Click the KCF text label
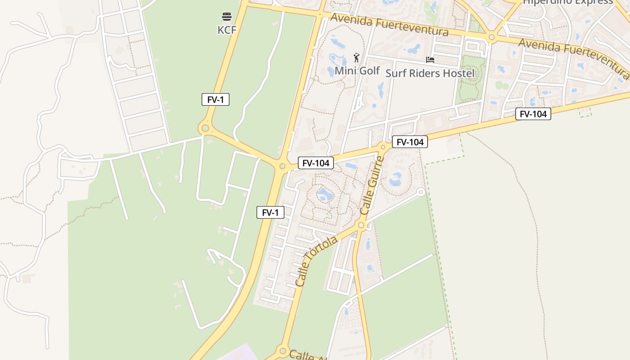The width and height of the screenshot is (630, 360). click(226, 30)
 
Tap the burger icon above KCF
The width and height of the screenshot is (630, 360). click(226, 17)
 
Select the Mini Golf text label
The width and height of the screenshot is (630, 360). click(357, 71)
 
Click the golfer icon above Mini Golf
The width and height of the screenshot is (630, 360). click(356, 58)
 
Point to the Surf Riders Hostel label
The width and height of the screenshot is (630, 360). click(430, 73)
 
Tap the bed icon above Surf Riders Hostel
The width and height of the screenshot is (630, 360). click(430, 59)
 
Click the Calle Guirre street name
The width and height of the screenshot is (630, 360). click(372, 185)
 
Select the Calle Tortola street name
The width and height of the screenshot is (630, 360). click(316, 261)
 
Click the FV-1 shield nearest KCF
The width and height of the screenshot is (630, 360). click(216, 99)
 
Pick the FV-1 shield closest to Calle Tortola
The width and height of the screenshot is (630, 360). click(270, 212)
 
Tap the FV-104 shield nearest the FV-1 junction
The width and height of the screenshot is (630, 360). click(316, 163)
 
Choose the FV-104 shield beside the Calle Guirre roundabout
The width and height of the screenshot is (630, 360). click(409, 142)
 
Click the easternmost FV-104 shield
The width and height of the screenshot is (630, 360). click(533, 114)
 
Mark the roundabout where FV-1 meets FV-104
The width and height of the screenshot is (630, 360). click(282, 166)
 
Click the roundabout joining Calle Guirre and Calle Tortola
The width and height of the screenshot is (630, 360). click(361, 225)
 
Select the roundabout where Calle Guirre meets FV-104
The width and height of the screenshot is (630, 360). click(383, 146)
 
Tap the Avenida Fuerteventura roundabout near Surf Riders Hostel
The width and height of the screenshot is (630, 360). click(491, 37)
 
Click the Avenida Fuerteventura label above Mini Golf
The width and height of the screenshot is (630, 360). click(389, 25)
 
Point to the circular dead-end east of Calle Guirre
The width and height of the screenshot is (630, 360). click(421, 192)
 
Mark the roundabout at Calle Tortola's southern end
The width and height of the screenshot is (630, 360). click(283, 351)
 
